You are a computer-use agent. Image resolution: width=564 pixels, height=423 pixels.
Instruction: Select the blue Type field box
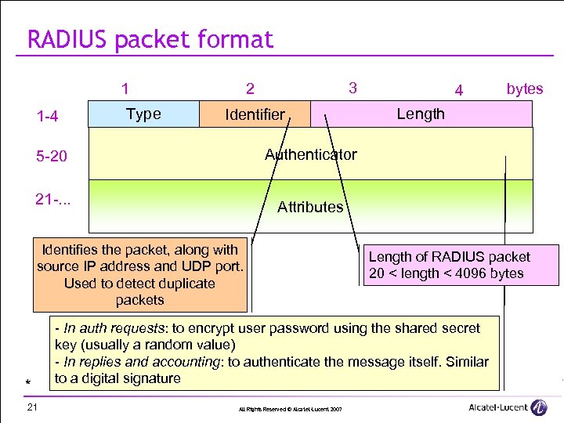point(143,114)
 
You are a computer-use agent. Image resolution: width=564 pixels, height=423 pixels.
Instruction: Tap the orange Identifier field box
point(255,114)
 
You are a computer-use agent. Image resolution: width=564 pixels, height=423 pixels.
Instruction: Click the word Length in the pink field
point(421,114)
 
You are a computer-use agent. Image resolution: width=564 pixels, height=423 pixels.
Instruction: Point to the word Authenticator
point(311,154)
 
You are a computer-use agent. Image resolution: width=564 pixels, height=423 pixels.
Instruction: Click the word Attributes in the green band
point(310,207)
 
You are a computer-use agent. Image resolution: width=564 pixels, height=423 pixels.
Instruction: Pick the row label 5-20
point(51,157)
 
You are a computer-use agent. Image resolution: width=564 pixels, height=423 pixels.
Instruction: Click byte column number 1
point(125,89)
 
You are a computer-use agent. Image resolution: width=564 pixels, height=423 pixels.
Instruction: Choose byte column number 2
point(250,89)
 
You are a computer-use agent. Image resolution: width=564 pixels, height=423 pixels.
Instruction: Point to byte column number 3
point(352,88)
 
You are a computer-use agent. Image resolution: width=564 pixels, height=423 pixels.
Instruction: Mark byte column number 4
point(460,91)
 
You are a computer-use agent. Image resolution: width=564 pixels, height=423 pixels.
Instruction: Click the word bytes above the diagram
point(524,89)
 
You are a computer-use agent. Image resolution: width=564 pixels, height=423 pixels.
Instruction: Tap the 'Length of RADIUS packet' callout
point(461,265)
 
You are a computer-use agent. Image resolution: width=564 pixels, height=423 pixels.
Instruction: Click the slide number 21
point(32,407)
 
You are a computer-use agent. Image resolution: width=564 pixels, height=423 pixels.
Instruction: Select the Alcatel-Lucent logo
point(508,407)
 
